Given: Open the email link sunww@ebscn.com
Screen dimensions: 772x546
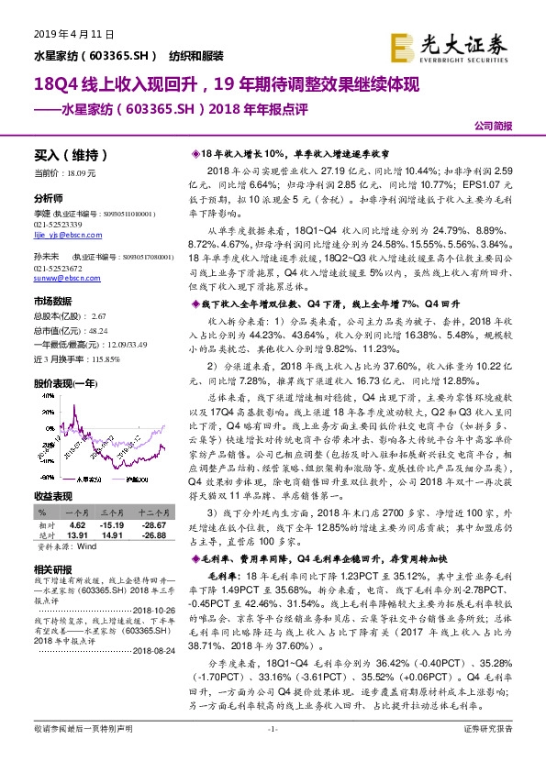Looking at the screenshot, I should (63, 274).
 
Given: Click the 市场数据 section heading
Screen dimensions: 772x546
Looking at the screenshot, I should (52, 301).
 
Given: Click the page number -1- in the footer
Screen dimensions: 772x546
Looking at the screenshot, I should (272, 754).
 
